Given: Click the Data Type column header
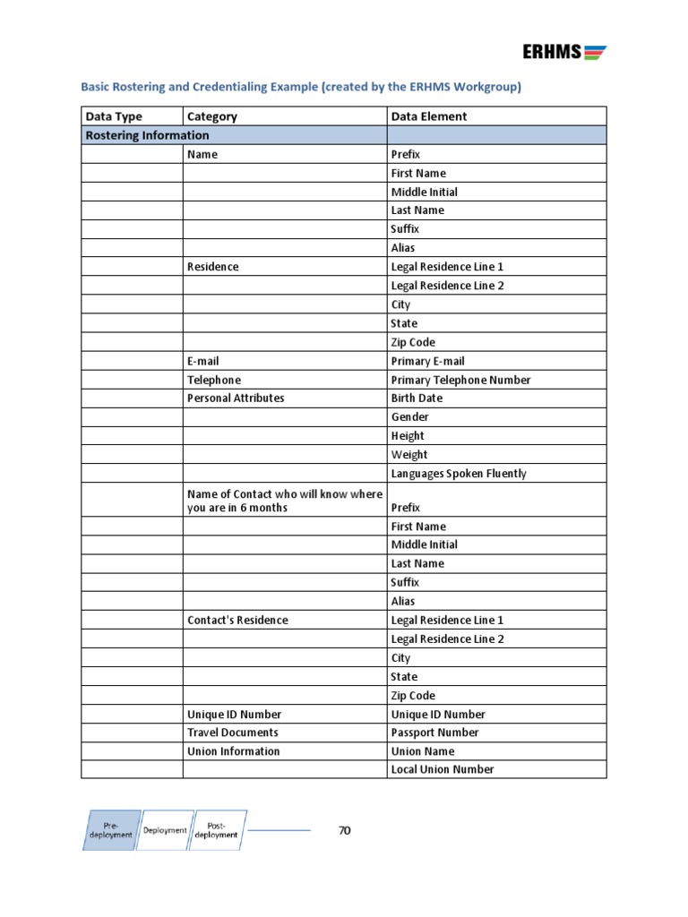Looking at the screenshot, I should [x=114, y=116].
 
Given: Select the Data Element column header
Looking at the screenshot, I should [x=429, y=116].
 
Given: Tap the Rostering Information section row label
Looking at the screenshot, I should [x=147, y=135].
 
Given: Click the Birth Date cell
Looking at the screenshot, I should [x=417, y=398].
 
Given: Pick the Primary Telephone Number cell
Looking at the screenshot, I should [x=460, y=380].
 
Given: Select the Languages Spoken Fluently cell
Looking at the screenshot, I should [x=459, y=474].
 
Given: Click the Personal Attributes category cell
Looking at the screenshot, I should [x=236, y=398].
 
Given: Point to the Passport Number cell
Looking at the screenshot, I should [x=435, y=733].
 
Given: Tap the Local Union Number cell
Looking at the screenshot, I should [x=443, y=769].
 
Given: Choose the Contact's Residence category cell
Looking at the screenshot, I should [x=237, y=620].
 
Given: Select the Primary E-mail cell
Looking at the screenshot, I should [x=427, y=361].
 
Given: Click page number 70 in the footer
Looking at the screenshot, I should [x=345, y=830].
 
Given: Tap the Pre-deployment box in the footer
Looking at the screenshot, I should [x=111, y=829].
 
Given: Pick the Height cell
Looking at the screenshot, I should [x=408, y=436].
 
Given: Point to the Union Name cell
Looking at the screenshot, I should [x=423, y=751].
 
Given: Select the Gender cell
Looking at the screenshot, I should [x=409, y=417].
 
